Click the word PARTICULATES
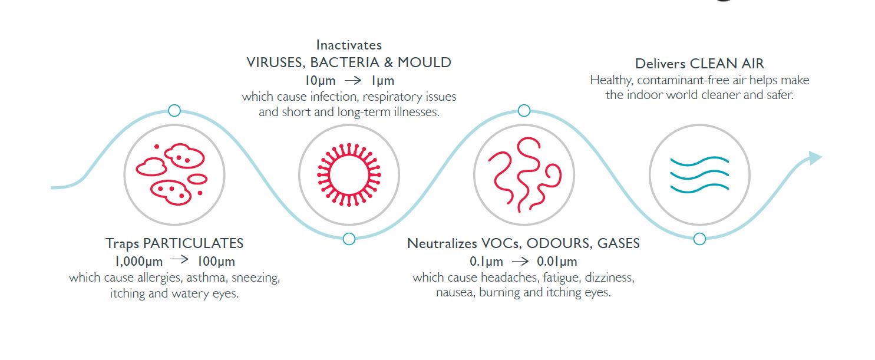click(x=193, y=243)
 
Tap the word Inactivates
click(x=349, y=45)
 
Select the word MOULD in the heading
click(x=425, y=62)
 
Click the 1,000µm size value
click(x=138, y=261)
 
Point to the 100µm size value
click(x=216, y=261)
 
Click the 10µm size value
click(x=320, y=81)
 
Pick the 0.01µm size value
click(x=557, y=261)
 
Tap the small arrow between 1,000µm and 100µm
click(x=180, y=259)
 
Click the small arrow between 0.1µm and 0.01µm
click(x=520, y=261)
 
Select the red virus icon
click(x=349, y=174)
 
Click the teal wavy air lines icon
click(x=699, y=174)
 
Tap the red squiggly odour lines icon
click(x=524, y=174)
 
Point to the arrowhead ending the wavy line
click(x=815, y=158)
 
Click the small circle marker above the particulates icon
click(x=174, y=111)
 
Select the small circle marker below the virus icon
click(x=349, y=239)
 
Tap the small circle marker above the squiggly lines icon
click(x=524, y=111)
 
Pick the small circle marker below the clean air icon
click(x=699, y=239)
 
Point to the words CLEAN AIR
click(x=727, y=63)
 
